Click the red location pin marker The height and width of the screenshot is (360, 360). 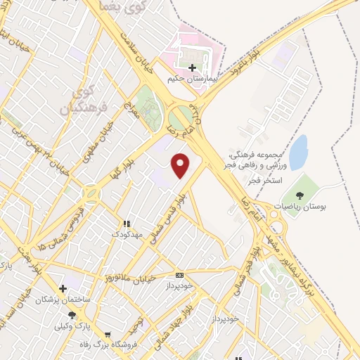point(181,165)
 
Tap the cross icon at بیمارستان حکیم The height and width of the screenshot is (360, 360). point(191,68)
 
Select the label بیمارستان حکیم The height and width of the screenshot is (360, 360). point(191,79)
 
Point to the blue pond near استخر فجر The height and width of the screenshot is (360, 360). point(298,152)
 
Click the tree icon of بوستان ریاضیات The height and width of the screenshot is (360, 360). point(300,195)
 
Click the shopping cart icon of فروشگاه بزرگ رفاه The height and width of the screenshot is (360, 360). point(107,336)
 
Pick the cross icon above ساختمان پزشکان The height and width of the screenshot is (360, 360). point(63,288)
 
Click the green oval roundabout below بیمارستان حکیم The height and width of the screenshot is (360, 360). point(183,117)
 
